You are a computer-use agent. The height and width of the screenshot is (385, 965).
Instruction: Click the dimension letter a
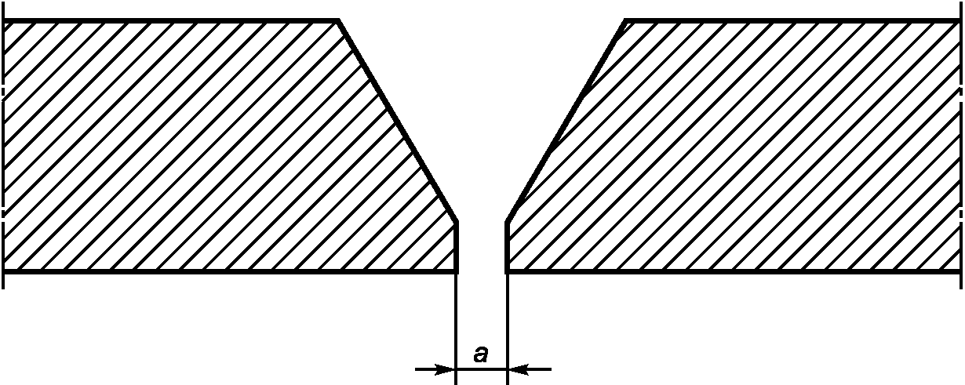point(481,355)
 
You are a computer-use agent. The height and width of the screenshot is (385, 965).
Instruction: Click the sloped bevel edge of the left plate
point(397,122)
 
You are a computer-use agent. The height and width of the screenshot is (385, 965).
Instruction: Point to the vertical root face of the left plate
point(457,247)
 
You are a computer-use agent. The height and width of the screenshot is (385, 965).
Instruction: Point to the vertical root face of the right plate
point(507,247)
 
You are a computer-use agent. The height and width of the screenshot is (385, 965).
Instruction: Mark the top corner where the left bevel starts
point(338,20)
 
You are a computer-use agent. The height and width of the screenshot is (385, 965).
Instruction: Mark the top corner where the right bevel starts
point(625,20)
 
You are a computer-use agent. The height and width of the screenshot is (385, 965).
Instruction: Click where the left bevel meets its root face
point(457,223)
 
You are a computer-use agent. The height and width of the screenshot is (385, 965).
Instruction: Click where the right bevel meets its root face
point(507,223)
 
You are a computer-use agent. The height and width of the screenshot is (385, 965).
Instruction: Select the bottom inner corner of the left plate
point(457,271)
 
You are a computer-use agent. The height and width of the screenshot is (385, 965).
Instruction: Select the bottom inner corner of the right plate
point(507,271)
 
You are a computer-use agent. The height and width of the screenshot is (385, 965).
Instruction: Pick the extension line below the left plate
point(456,321)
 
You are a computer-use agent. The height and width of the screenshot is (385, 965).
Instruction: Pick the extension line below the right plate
point(508,321)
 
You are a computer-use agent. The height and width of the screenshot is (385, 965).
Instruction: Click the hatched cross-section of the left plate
point(196,149)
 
